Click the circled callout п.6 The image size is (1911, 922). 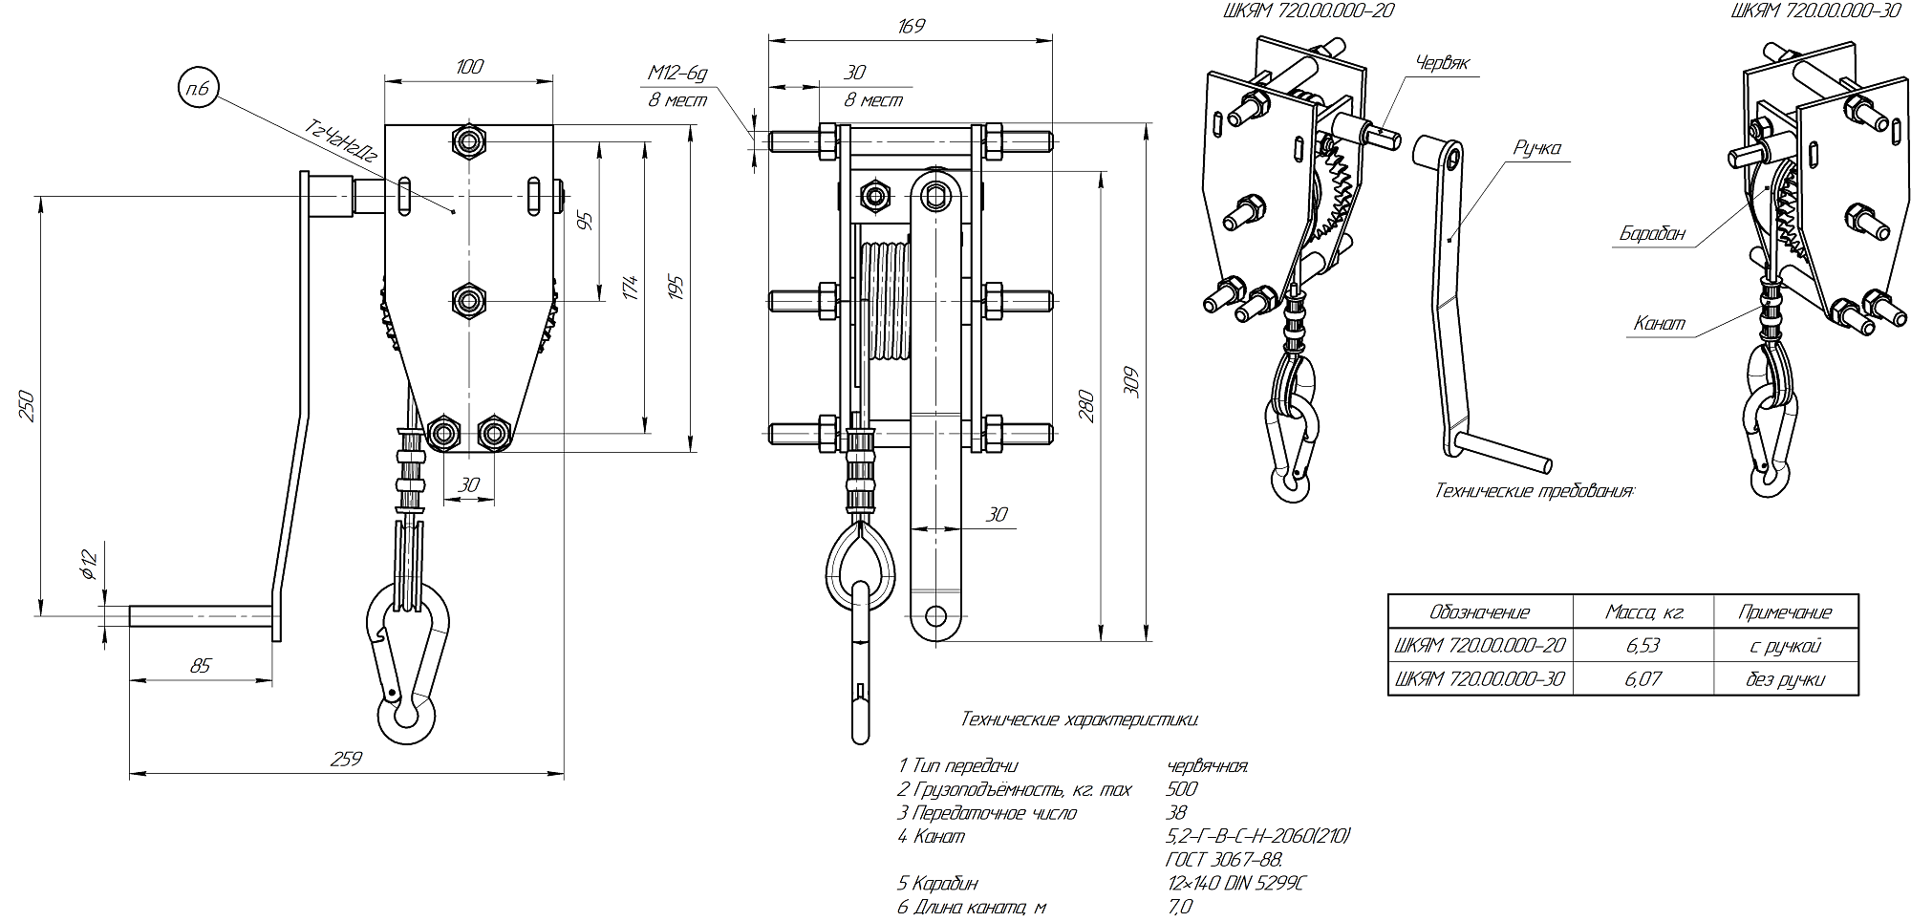(x=199, y=90)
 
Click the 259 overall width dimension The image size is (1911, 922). (x=347, y=759)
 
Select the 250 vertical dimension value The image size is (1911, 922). (x=28, y=405)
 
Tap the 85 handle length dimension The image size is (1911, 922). (x=200, y=666)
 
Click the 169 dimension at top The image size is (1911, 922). (x=912, y=25)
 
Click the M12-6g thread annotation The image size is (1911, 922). (x=676, y=73)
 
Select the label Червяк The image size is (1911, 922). (x=1442, y=62)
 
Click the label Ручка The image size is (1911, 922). (x=1536, y=147)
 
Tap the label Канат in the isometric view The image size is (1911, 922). (x=1659, y=323)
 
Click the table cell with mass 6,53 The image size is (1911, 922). (x=1642, y=646)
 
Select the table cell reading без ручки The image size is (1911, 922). (x=1784, y=679)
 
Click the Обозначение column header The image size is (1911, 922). (x=1479, y=612)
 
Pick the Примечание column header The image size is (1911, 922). (x=1784, y=612)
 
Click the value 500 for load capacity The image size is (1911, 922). (x=1182, y=789)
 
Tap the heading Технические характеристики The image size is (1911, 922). (x=1080, y=718)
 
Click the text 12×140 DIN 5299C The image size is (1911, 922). (x=1235, y=883)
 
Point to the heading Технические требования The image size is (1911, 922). (x=1535, y=491)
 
